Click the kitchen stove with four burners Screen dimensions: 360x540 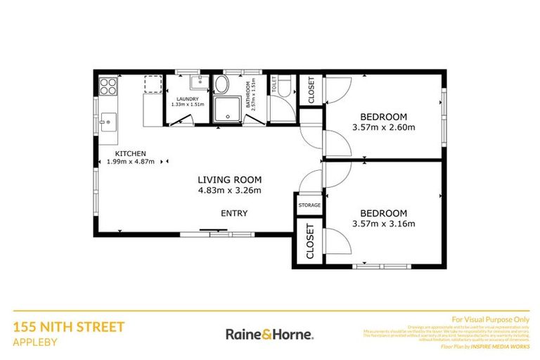[x=108, y=86]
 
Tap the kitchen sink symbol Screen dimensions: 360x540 [x=107, y=120]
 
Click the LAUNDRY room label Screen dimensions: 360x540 [x=188, y=99]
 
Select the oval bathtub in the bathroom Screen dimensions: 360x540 [x=221, y=86]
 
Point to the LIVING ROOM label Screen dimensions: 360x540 [x=229, y=179]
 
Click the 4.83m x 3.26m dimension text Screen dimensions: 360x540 [x=229, y=190]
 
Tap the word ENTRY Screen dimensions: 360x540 [x=234, y=213]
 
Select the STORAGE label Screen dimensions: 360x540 [x=309, y=205]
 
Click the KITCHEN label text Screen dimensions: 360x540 [x=131, y=153]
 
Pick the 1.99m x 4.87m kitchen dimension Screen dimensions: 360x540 [x=131, y=162]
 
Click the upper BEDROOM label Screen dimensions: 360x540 [x=384, y=117]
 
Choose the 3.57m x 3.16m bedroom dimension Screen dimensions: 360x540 [x=384, y=224]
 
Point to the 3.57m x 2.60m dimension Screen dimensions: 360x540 [x=384, y=127]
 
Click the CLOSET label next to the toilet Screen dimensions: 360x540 [x=310, y=89]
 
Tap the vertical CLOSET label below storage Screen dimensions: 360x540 [x=309, y=243]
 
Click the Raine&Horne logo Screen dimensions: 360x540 [x=269, y=334]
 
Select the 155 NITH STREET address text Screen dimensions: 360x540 [x=69, y=326]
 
